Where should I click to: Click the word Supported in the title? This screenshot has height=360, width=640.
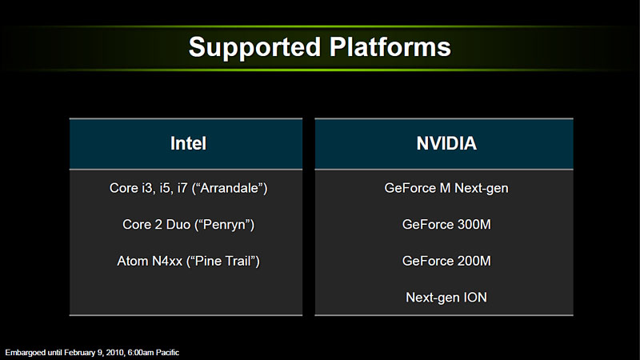click(x=254, y=48)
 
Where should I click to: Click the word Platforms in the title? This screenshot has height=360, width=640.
click(x=390, y=46)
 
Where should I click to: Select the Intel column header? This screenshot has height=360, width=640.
click(x=188, y=143)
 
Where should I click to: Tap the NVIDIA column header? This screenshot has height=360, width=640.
click(x=446, y=143)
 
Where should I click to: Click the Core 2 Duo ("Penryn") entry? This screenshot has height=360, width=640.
click(x=188, y=225)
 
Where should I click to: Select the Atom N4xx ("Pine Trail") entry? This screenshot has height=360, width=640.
click(x=188, y=262)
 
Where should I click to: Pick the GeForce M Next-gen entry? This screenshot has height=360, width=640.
click(x=446, y=188)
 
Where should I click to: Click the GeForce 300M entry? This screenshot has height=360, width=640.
click(x=446, y=225)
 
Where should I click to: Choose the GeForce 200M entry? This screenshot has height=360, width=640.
click(x=446, y=261)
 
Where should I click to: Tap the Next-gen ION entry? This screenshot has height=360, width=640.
click(x=446, y=298)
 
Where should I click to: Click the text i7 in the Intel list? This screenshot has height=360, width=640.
click(x=182, y=188)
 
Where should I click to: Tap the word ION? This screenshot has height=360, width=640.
click(x=475, y=297)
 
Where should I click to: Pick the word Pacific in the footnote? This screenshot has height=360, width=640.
click(x=167, y=353)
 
